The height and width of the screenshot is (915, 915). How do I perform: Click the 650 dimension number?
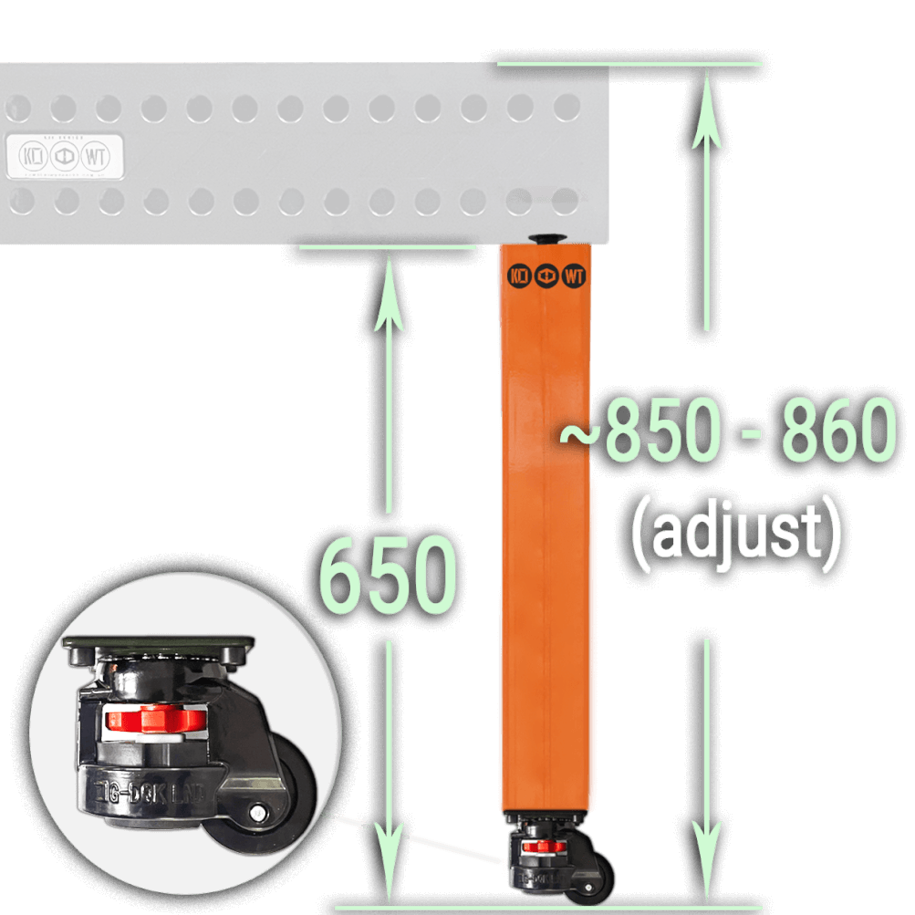tap(388, 577)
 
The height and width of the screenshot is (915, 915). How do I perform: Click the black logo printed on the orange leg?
tap(546, 275)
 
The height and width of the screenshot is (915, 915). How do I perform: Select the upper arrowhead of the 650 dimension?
tap(389, 274)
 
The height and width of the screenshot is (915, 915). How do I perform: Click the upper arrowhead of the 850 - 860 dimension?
tap(706, 91)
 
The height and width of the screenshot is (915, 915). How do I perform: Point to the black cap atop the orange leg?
tap(547, 239)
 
